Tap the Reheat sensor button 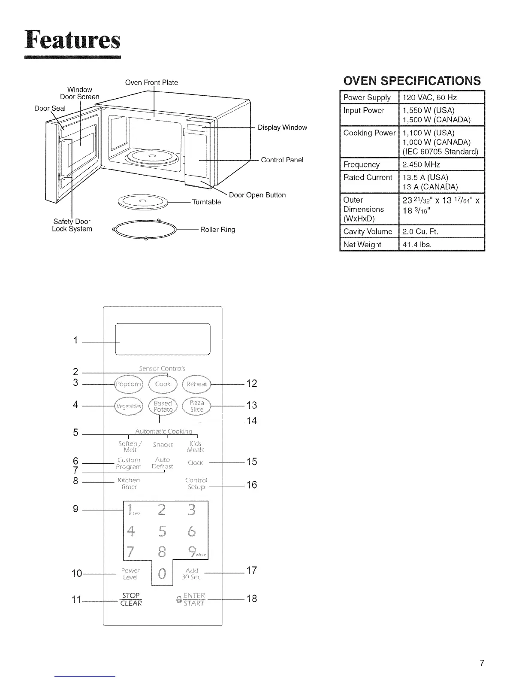point(197,384)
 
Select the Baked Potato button point(163,407)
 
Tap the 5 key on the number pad point(162,532)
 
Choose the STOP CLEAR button point(131,599)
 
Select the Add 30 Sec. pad point(192,574)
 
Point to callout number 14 point(252,421)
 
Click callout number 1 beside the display point(75,340)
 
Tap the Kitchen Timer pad point(129,483)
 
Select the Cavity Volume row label point(368,231)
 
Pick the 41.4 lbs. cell point(416,245)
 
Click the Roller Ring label point(217,230)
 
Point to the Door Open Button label point(257,195)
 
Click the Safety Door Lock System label point(72,225)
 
